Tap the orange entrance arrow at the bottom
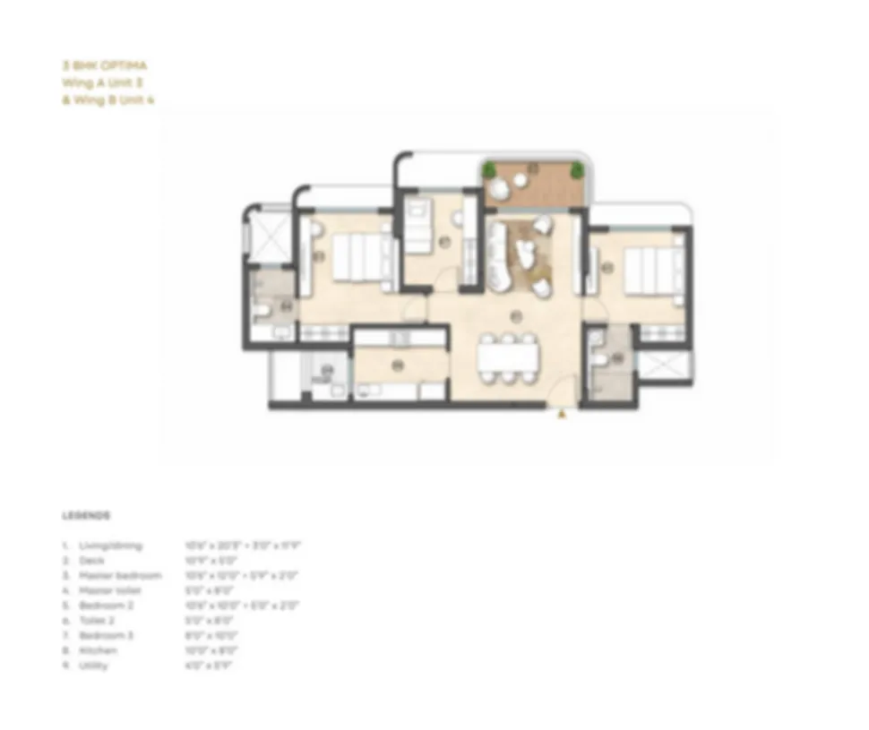click(562, 414)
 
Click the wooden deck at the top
click(532, 185)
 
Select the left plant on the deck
click(489, 168)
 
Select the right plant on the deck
click(578, 168)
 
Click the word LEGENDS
click(86, 516)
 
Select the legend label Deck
click(91, 560)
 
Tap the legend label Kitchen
click(98, 651)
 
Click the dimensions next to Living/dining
click(242, 545)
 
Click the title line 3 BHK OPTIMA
click(105, 65)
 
